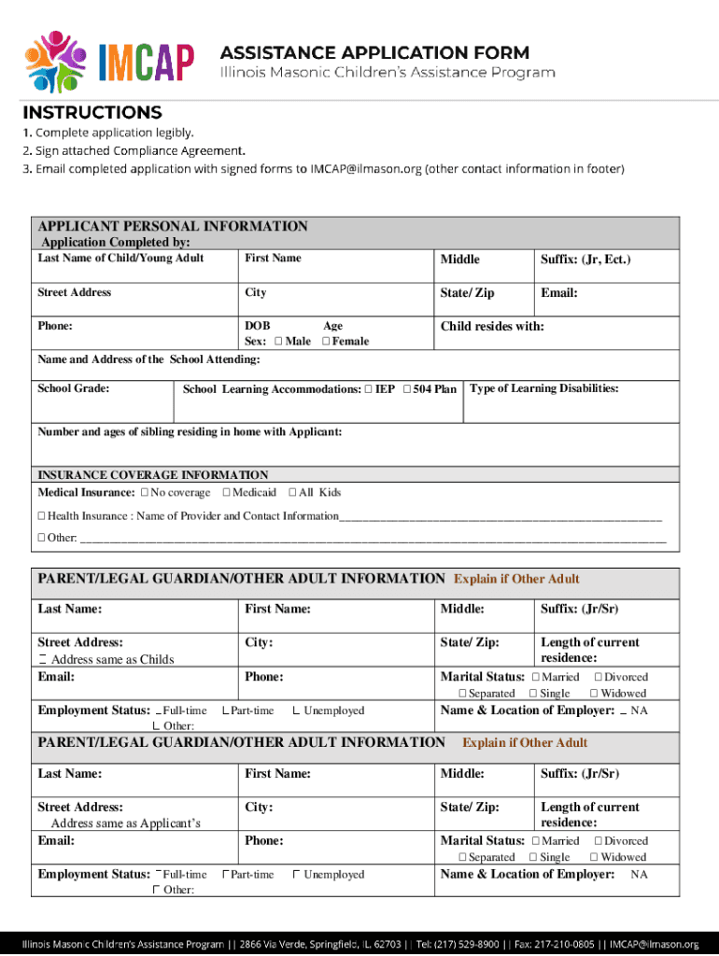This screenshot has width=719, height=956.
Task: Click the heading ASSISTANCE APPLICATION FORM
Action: point(374,52)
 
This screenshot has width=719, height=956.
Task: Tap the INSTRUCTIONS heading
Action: point(92,113)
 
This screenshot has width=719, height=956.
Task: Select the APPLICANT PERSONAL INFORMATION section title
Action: point(173,226)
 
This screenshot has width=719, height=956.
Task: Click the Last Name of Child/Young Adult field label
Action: point(120,259)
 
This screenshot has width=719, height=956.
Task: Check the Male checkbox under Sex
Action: point(280,342)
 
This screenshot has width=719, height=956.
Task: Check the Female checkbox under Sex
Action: point(326,342)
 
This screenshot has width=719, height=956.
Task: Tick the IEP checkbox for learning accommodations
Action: point(370,389)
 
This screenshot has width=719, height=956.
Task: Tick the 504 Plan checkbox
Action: point(407,389)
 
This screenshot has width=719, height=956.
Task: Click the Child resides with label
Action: point(492,327)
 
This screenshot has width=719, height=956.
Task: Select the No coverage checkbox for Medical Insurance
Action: point(145,493)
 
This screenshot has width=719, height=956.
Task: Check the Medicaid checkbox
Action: point(227,493)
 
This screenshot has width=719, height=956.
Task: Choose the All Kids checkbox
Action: point(293,493)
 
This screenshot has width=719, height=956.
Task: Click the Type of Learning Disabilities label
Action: point(544,388)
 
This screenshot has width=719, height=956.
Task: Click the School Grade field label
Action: point(74,388)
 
